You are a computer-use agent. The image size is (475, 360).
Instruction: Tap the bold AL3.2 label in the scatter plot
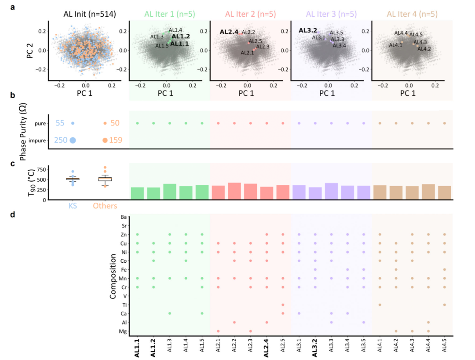click(x=308, y=30)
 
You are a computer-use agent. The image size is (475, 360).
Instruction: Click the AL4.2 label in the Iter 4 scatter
click(x=424, y=48)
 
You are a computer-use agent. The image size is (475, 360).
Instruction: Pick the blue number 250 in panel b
click(x=60, y=140)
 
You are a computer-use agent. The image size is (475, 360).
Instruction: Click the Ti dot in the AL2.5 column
click(x=283, y=305)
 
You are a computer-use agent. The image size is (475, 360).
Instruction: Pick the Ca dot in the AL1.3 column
click(x=170, y=313)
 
